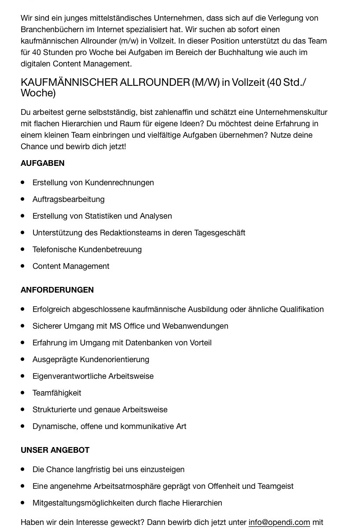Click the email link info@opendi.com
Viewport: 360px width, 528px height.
click(x=279, y=522)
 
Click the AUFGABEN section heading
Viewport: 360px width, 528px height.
click(x=43, y=163)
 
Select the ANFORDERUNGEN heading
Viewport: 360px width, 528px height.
click(x=57, y=290)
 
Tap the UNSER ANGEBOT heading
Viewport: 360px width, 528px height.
click(x=55, y=450)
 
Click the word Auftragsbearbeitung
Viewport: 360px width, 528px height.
click(x=69, y=199)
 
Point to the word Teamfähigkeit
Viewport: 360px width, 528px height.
click(x=57, y=393)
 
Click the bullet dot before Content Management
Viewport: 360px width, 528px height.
click(x=23, y=266)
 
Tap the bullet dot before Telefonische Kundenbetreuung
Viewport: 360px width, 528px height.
click(x=23, y=249)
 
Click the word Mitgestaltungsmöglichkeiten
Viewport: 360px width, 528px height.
click(x=83, y=503)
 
